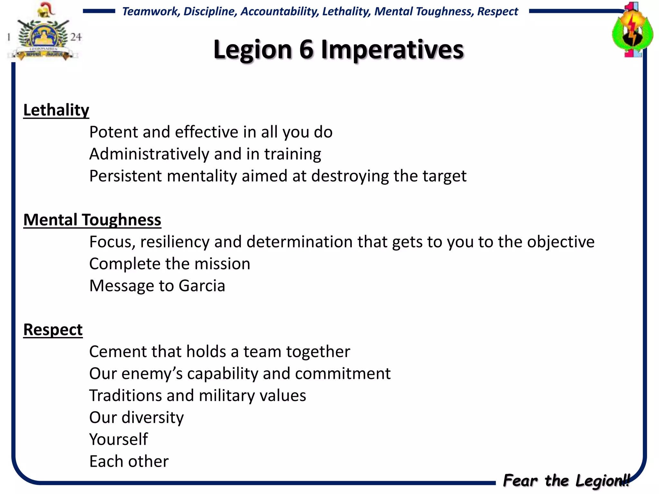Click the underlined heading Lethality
(x=56, y=110)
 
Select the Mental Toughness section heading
(x=92, y=220)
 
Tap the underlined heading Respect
(x=53, y=330)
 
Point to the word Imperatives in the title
(x=392, y=50)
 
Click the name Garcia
(x=202, y=286)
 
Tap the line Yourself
(x=118, y=439)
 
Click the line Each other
(x=129, y=461)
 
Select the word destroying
(x=350, y=176)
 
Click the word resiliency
(x=175, y=242)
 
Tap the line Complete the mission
(x=170, y=264)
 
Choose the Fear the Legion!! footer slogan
(x=566, y=480)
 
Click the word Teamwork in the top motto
(x=151, y=12)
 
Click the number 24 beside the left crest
(x=76, y=37)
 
